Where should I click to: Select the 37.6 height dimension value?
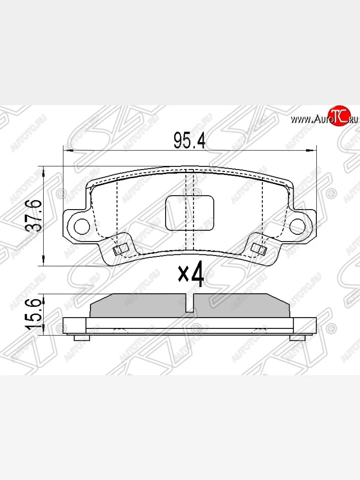point(32,216)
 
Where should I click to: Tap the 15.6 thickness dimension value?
point(32,315)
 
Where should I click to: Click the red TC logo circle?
point(338,117)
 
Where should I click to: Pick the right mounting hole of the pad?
point(297,226)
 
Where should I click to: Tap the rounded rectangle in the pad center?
point(190,213)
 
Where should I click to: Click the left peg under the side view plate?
point(82,338)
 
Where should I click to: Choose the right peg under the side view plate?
point(297,338)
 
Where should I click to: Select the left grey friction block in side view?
point(138,306)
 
